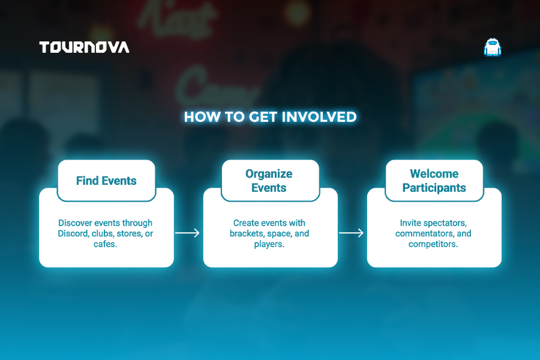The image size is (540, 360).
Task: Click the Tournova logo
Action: coord(85,47)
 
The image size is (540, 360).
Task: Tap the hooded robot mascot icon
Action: coord(493,47)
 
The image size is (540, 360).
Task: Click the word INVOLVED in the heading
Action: coord(319,117)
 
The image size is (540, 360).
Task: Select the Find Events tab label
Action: coord(106,181)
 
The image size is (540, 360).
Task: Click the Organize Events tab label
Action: coord(269,181)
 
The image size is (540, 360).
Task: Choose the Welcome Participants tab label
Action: coord(434,181)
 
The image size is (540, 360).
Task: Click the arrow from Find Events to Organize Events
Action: coord(187,233)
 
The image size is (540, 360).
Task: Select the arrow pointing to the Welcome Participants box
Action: coord(351,233)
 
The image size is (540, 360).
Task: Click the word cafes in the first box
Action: coord(104,244)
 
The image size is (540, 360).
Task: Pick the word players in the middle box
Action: coord(268,244)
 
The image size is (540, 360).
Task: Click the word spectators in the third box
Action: coord(445,223)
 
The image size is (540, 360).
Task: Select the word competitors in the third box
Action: coord(432,244)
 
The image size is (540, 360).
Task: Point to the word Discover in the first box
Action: coord(75,223)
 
